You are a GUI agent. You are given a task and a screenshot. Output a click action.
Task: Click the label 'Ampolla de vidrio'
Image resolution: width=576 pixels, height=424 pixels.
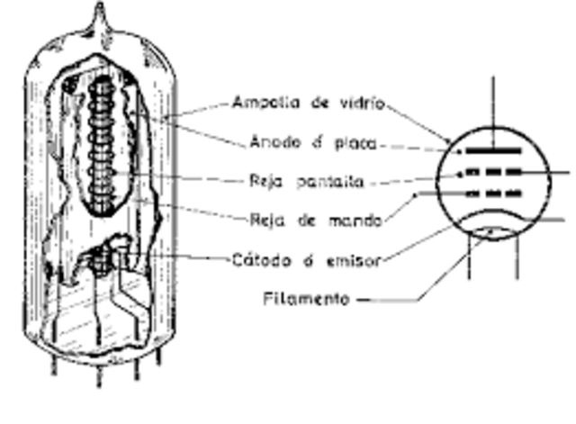(308, 103)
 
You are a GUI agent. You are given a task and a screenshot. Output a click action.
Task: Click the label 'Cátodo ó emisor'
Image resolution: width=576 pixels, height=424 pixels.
(305, 260)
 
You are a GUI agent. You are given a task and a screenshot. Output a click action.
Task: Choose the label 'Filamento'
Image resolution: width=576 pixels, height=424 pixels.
(306, 298)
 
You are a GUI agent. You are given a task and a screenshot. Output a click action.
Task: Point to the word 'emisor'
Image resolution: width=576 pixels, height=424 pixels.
(354, 260)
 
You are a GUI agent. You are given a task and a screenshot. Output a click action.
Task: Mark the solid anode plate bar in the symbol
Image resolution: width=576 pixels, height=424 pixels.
(492, 150)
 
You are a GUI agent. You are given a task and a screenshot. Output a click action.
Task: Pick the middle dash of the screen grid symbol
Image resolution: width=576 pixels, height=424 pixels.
(493, 171)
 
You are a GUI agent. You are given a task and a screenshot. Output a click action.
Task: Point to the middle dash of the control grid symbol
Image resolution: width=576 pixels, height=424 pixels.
(493, 193)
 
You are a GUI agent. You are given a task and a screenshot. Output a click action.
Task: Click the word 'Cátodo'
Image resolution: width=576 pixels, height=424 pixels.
(257, 260)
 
